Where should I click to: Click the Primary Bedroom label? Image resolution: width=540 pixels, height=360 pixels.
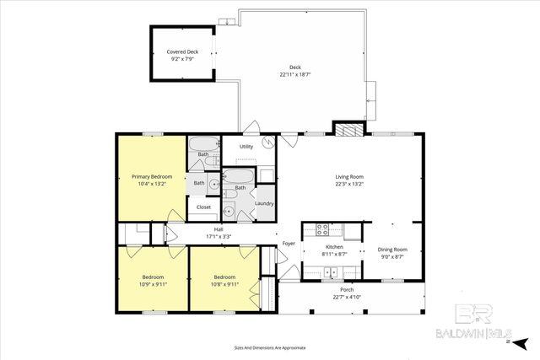(x=152, y=176)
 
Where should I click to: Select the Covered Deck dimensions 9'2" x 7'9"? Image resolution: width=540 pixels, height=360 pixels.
(x=183, y=59)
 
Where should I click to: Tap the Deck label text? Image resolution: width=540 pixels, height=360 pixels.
(x=295, y=67)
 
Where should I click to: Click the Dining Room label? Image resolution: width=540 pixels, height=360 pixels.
(x=392, y=249)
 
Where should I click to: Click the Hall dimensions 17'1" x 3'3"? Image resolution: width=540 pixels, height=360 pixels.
(x=219, y=236)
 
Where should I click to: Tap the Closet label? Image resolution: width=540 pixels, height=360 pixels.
(x=203, y=207)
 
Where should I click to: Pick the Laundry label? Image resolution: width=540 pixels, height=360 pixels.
(x=264, y=203)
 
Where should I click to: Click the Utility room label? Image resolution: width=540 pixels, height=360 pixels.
(x=246, y=147)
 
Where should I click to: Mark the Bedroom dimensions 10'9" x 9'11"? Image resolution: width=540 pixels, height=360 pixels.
(x=153, y=283)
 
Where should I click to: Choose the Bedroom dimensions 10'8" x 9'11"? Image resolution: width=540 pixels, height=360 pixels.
(x=224, y=283)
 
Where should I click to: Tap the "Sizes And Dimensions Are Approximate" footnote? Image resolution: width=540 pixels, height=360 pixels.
(x=269, y=347)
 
